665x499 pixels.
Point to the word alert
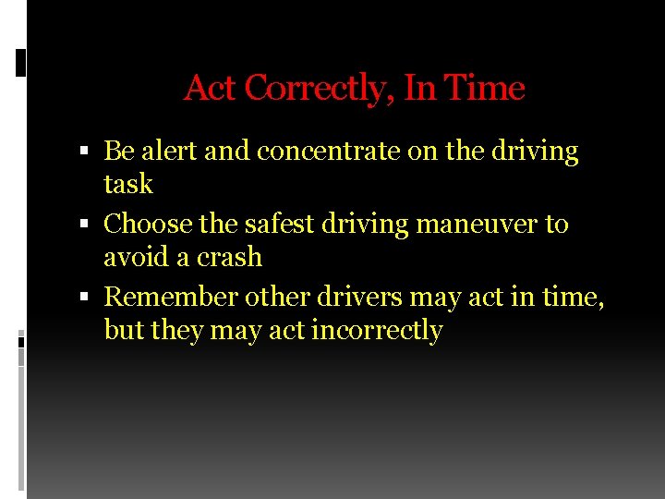pos(167,151)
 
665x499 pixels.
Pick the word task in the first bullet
pos(127,184)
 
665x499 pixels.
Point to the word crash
pos(229,257)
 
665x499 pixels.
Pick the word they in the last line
pos(178,330)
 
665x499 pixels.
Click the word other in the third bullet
pos(278,297)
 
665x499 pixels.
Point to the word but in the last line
pos(124,330)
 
